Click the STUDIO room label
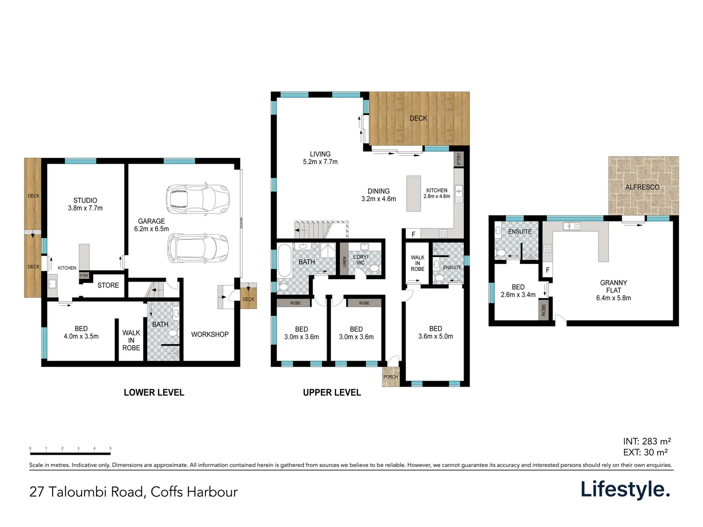pos(85,201)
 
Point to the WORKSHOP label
pos(210,334)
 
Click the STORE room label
pos(108,285)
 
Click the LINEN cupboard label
pos(344,262)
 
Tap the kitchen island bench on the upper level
pos(414,193)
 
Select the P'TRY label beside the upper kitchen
pos(458,159)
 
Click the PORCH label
pos(391,377)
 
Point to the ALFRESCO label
pos(642,187)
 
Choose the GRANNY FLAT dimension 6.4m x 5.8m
pos(613,298)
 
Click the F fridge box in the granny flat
pos(547,270)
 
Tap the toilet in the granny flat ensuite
pos(500,253)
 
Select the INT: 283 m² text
pos(647,442)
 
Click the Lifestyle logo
pos(625,489)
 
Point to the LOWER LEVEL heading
pos(154,393)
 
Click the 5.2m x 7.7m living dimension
pos(320,162)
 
